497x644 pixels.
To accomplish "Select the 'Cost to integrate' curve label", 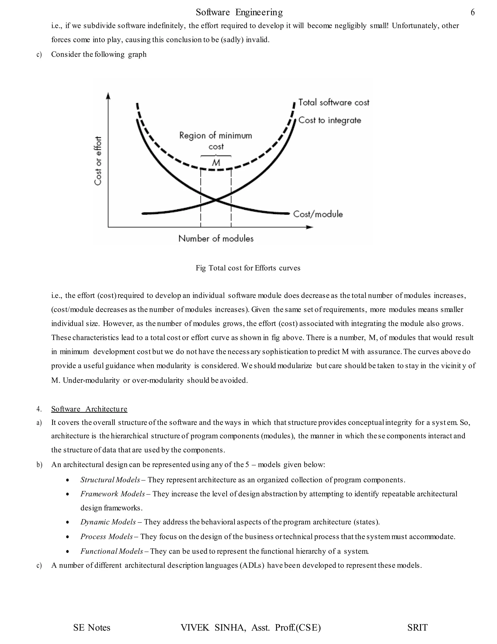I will pos(330,120).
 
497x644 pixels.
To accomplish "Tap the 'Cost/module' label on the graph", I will pos(318,214).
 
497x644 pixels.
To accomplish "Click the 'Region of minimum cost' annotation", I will pos(216,141).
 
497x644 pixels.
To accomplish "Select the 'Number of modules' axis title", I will pos(216,239).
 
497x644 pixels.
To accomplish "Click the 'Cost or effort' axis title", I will pos(98,161).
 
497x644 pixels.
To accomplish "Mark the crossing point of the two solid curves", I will pos(216,200).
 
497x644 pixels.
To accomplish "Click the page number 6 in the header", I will pos(472,12).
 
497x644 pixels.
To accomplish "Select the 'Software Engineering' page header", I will pos(239,12).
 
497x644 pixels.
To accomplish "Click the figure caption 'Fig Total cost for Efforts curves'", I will pos(248,268).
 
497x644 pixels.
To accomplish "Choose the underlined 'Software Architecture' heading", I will pos(89,409).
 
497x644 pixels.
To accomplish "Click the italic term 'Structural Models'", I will pos(110,480).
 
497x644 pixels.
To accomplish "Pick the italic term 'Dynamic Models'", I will pos(108,522).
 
